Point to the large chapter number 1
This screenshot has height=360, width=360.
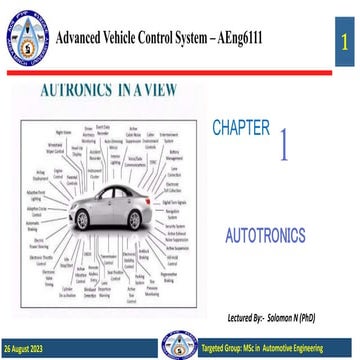coord(286,146)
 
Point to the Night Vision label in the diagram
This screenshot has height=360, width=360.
coord(62,131)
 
